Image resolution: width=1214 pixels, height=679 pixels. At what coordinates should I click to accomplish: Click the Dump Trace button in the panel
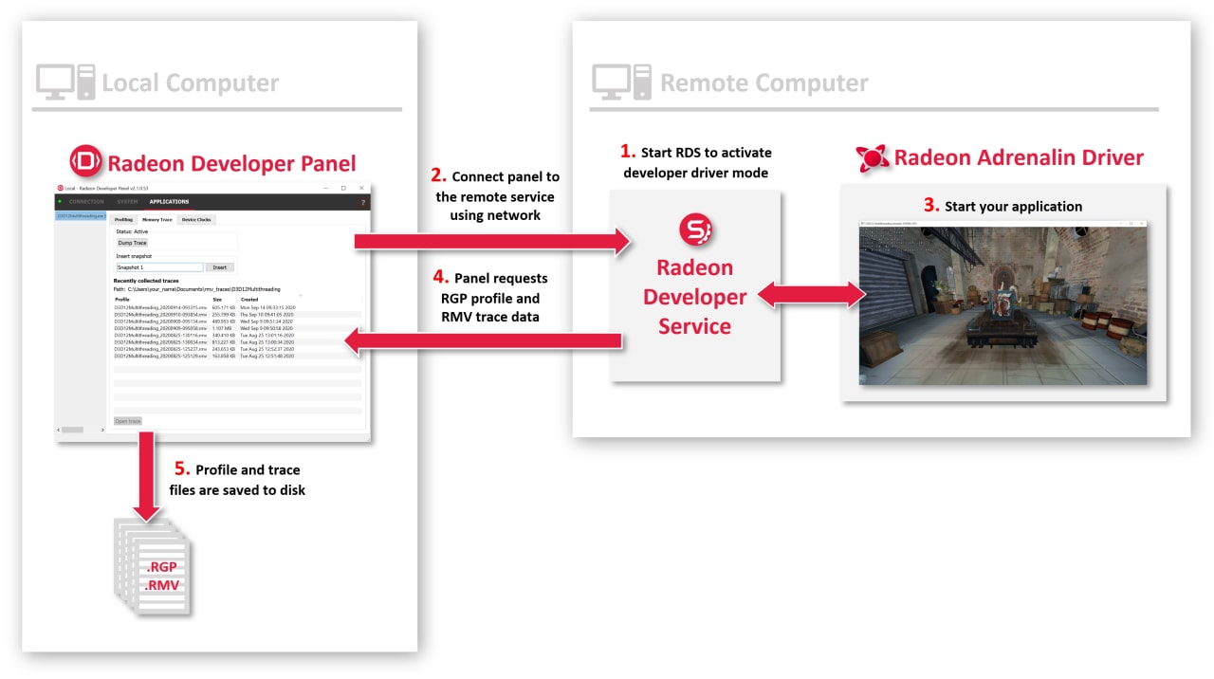(x=132, y=243)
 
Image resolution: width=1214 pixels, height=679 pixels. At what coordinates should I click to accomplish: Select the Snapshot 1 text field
(x=159, y=267)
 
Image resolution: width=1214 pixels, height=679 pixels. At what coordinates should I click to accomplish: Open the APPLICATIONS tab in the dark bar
(x=169, y=201)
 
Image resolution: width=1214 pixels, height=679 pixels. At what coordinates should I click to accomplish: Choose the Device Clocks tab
(x=197, y=219)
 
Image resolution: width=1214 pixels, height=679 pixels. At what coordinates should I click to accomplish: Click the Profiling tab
(x=123, y=219)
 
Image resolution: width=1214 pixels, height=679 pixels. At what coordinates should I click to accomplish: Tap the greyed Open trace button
(x=127, y=421)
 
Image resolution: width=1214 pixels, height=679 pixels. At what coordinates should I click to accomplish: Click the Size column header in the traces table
(x=217, y=299)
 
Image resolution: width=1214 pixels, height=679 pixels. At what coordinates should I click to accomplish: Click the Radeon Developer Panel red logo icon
(x=85, y=162)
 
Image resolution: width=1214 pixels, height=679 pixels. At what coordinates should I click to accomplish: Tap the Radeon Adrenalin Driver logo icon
(x=872, y=158)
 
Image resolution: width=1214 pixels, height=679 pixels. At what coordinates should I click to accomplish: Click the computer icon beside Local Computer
(x=64, y=82)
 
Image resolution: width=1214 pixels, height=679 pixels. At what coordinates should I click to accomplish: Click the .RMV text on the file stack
(x=160, y=585)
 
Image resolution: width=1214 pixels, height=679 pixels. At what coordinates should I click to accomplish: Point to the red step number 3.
(x=930, y=205)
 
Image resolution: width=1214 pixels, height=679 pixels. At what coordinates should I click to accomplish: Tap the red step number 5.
(x=182, y=468)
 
